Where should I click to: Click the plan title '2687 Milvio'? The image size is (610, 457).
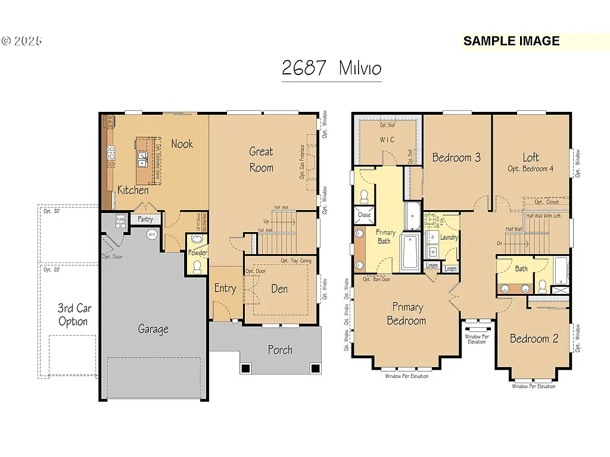pyautogui.click(x=331, y=68)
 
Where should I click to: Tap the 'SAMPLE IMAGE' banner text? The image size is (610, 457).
pyautogui.click(x=511, y=41)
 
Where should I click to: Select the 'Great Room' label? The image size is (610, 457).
pyautogui.click(x=262, y=159)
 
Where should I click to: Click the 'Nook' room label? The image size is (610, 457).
pyautogui.click(x=182, y=143)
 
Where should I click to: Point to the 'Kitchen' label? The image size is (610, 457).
pyautogui.click(x=133, y=190)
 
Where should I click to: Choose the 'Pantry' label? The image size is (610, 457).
pyautogui.click(x=145, y=219)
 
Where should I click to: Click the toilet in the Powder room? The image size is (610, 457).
pyautogui.click(x=198, y=265)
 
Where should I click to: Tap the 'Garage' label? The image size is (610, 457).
pyautogui.click(x=153, y=328)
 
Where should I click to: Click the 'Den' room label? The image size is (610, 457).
pyautogui.click(x=279, y=289)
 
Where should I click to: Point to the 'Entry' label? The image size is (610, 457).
pyautogui.click(x=225, y=289)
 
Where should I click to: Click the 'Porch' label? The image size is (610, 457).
pyautogui.click(x=279, y=349)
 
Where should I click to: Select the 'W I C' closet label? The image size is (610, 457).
pyautogui.click(x=387, y=140)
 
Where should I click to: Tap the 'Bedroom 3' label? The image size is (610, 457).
pyautogui.click(x=456, y=157)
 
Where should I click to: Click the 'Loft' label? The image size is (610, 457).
pyautogui.click(x=531, y=157)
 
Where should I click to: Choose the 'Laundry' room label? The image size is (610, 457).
pyautogui.click(x=449, y=237)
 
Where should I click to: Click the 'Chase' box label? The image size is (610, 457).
pyautogui.click(x=364, y=215)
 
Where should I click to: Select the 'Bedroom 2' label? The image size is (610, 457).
pyautogui.click(x=534, y=339)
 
